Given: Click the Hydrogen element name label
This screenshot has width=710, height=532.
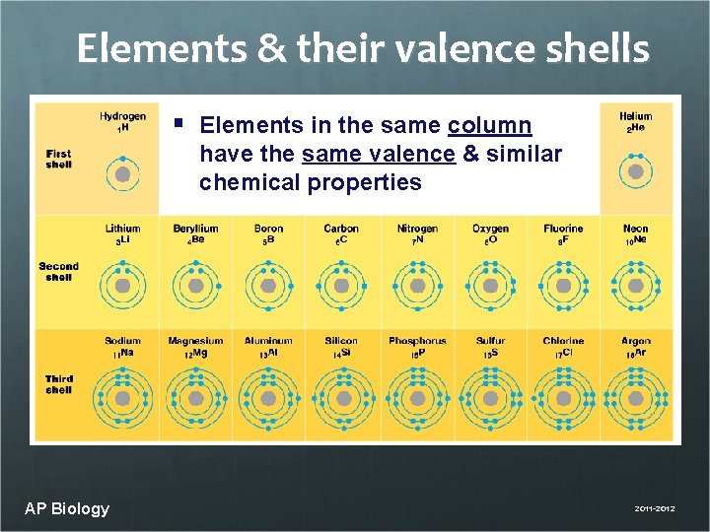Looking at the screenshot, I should point(122,116).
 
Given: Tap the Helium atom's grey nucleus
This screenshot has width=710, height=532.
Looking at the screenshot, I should point(636,172).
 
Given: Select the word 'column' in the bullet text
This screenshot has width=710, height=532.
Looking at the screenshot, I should point(489,126).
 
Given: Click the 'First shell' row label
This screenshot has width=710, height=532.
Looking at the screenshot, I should point(59,159).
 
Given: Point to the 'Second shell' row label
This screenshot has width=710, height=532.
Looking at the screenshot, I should point(59,271).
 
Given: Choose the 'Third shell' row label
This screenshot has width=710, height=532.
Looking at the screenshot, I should point(59,384).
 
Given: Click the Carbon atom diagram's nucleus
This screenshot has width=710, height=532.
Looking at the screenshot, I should point(341,286).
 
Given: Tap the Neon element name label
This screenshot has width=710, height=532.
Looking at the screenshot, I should point(636,229).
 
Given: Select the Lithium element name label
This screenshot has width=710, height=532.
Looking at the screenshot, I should point(122,229).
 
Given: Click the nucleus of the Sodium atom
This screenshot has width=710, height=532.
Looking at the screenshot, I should point(122,399).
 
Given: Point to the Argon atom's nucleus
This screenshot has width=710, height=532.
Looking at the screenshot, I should point(636,399).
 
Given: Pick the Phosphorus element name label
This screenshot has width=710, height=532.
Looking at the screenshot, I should point(417,341).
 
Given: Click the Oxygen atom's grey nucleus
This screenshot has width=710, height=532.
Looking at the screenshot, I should point(490,286).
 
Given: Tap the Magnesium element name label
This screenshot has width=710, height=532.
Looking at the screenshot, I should point(195,341).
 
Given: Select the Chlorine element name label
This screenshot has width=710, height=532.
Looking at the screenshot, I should point(563,341).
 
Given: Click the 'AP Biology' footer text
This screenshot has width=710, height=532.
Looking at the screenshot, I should point(67,508).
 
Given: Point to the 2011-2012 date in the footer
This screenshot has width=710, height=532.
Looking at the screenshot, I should point(655,509).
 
